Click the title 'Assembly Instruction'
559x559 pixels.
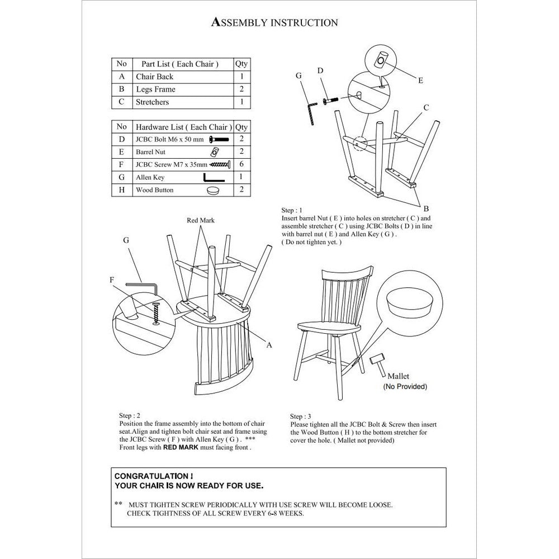[x=274, y=22]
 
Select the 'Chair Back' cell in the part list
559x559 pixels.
[x=154, y=77]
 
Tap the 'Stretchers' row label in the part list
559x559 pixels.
[x=152, y=102]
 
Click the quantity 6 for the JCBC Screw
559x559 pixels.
[x=241, y=164]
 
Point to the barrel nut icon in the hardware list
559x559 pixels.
[x=214, y=152]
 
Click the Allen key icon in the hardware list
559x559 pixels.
[x=214, y=177]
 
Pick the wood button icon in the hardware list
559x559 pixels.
[x=213, y=190]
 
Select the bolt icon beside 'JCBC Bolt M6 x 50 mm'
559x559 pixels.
[x=219, y=139]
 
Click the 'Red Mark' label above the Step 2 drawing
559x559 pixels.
[x=201, y=220]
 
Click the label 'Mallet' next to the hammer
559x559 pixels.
[x=398, y=376]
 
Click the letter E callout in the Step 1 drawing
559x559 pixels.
[x=420, y=80]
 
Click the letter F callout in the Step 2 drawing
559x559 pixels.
[x=112, y=280]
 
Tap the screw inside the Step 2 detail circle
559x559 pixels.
[x=156, y=314]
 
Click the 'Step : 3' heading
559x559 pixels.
[x=301, y=416]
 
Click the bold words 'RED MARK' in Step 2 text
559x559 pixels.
[x=181, y=447]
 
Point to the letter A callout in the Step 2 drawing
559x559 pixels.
[x=269, y=345]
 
